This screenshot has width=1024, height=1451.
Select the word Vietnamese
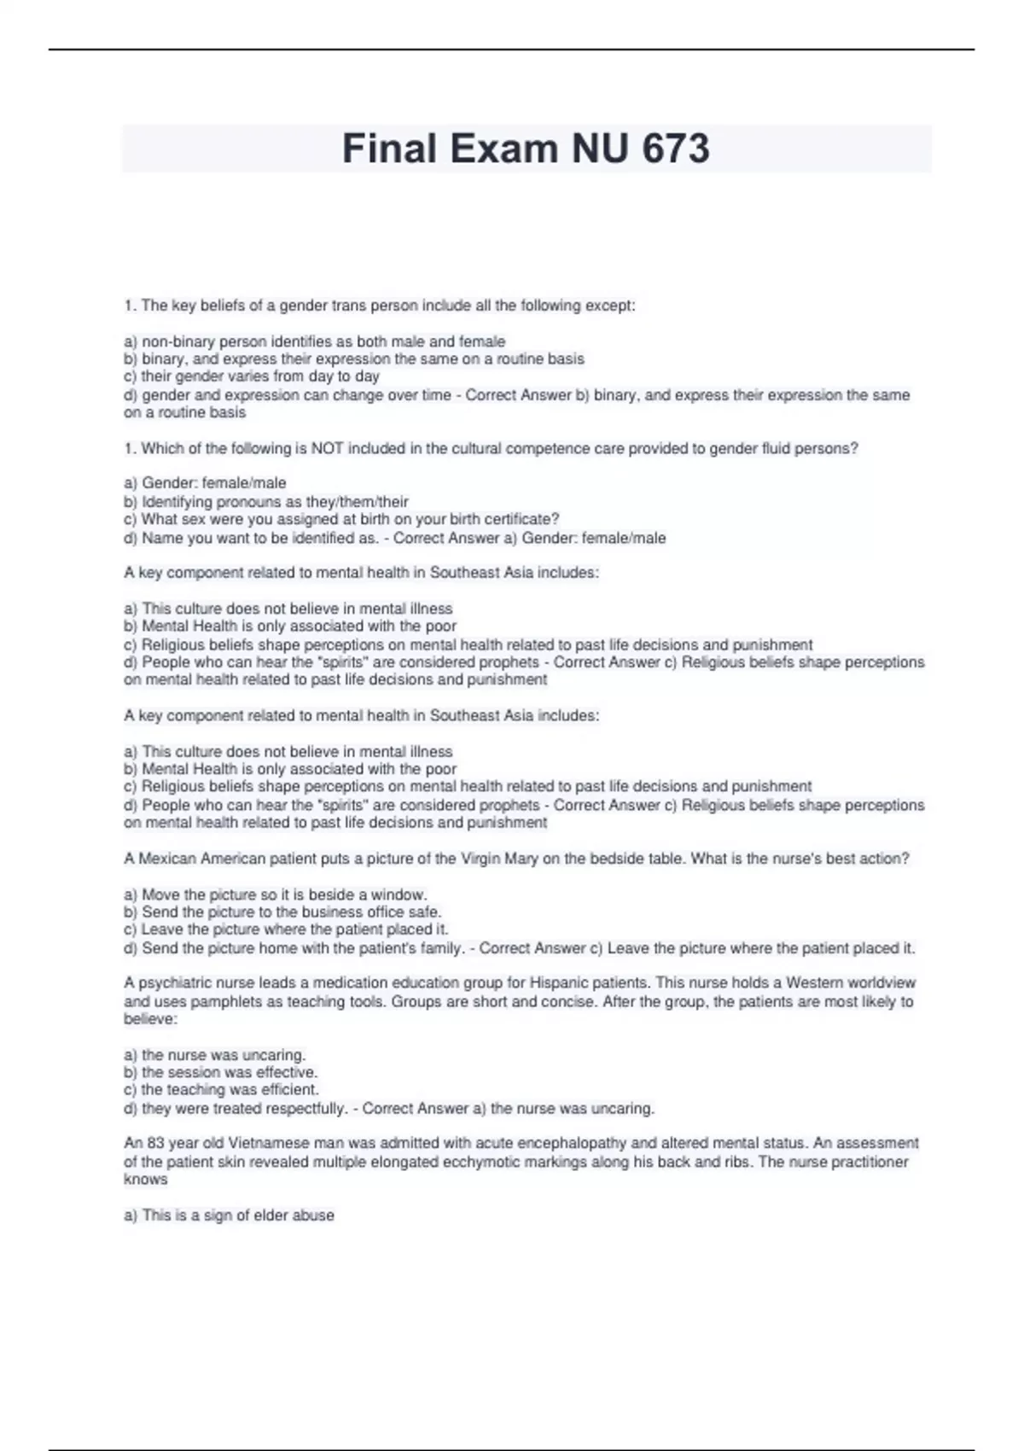268,1143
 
